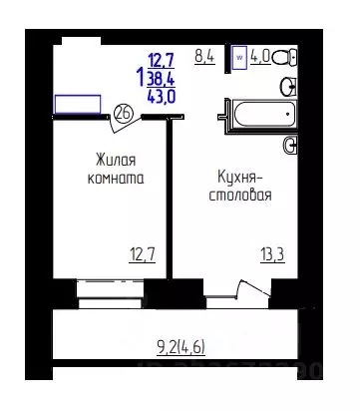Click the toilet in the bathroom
click(283, 57)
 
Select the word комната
click(116, 180)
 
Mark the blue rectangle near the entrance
click(77, 104)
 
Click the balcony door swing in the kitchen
click(237, 291)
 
